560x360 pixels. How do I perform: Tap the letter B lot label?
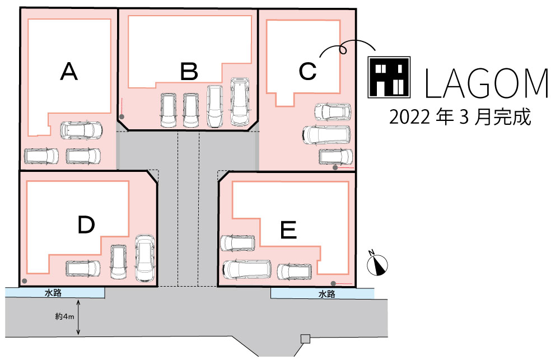click(189, 71)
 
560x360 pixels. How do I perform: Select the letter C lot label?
click(307, 71)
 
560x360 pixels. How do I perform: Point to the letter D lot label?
click(86, 225)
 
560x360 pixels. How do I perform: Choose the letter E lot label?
click(288, 230)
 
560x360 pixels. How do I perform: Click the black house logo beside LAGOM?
click(389, 77)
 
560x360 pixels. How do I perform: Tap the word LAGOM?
click(486, 83)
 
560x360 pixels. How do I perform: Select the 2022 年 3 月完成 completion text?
click(460, 117)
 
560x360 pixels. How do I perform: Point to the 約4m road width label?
click(64, 316)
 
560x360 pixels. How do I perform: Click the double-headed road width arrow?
click(78, 317)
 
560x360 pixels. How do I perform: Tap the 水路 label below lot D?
click(53, 293)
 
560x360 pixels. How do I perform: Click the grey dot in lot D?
click(24, 281)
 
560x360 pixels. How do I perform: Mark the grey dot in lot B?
click(122, 117)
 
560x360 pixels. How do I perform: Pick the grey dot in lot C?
click(335, 167)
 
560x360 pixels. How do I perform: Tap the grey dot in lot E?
click(333, 283)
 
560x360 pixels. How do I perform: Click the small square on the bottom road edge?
click(305, 339)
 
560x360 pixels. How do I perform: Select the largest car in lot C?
click(326, 134)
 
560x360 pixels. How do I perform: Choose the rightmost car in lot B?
click(240, 101)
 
